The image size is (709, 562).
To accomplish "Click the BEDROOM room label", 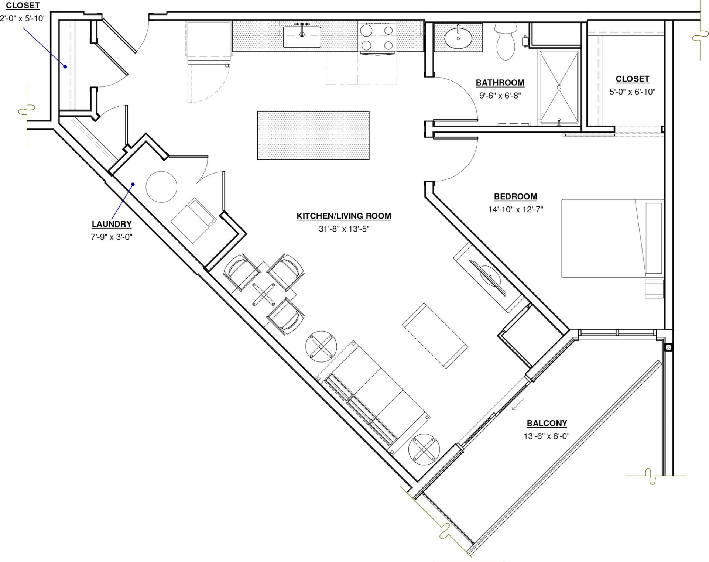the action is tap(516, 196).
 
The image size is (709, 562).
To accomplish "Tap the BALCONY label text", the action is tap(547, 423).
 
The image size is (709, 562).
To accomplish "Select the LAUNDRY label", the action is tap(112, 224).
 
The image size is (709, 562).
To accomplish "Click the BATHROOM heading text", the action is tap(500, 83).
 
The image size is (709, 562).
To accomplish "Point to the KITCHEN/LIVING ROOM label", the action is tap(344, 216).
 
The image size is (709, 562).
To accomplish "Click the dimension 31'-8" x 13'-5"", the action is tap(344, 229).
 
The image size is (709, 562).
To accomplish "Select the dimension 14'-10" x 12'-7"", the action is tap(516, 209).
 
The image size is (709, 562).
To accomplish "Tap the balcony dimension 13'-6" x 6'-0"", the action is tap(547, 436).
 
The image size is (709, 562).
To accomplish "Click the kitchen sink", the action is tap(302, 37).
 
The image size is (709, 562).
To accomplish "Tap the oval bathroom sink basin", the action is tap(458, 38).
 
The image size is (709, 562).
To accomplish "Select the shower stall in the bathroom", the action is tap(559, 87).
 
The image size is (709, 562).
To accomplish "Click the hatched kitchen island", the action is tap(313, 135).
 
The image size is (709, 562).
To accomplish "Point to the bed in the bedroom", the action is tap(613, 238).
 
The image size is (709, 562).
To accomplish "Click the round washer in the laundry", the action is tap(161, 186).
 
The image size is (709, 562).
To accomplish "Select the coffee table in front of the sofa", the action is tap(435, 336).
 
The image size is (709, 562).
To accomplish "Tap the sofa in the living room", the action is tap(373, 397).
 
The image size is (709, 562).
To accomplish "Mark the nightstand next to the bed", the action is tap(654, 289).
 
